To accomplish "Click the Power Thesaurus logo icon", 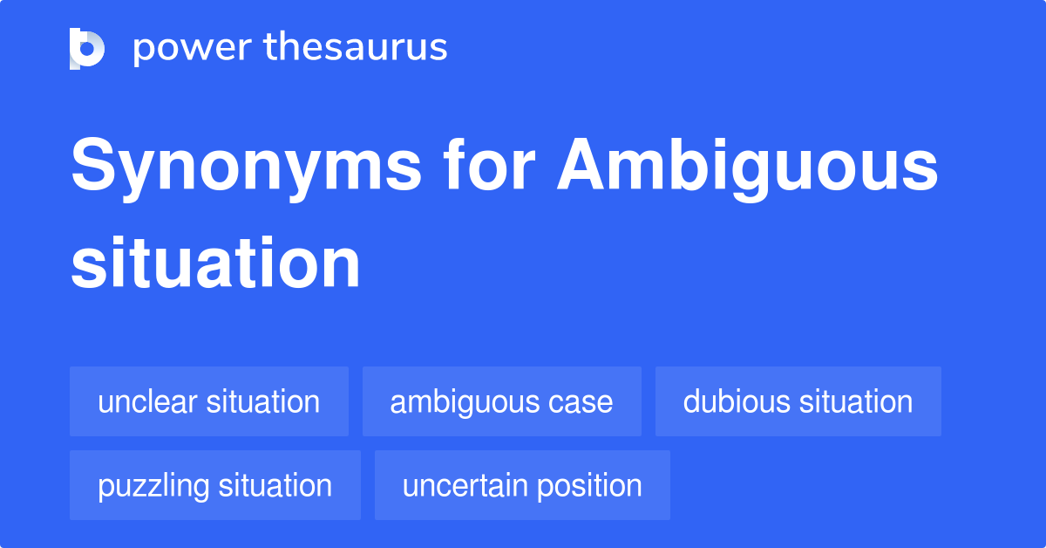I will (x=87, y=48).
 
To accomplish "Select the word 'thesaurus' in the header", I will (x=356, y=48).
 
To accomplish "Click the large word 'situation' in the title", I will (x=215, y=264).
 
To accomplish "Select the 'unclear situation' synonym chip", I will (x=209, y=401).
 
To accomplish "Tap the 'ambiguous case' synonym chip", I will (x=501, y=401).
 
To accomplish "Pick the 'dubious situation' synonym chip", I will (x=798, y=401).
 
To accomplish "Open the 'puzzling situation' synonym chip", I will (x=214, y=485).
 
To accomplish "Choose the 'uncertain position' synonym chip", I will (x=522, y=485).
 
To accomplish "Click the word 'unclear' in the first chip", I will (x=148, y=401).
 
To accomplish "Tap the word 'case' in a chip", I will (x=581, y=402).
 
